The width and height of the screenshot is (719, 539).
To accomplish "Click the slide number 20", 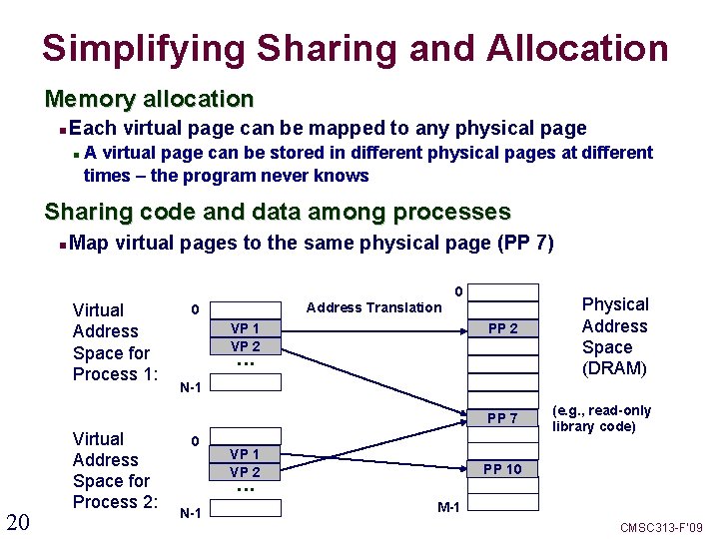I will (x=18, y=521).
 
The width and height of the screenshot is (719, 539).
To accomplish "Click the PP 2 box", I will (x=501, y=328).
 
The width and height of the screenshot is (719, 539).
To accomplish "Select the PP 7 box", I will (x=501, y=418).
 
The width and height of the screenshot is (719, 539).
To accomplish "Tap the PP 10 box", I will (x=501, y=469).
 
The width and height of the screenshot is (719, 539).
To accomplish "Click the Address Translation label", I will (x=373, y=307).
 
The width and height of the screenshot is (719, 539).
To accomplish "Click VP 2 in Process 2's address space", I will (x=246, y=472).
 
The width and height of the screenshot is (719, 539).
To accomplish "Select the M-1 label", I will (x=448, y=507).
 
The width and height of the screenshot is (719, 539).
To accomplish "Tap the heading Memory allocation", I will (x=149, y=99).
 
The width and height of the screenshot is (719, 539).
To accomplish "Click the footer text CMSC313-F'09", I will (x=662, y=527).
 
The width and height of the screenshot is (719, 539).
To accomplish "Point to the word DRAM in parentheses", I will (x=614, y=368).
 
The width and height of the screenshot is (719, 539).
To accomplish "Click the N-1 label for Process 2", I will (x=191, y=514).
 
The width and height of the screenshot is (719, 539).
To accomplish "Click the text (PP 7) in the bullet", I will (x=525, y=243).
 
